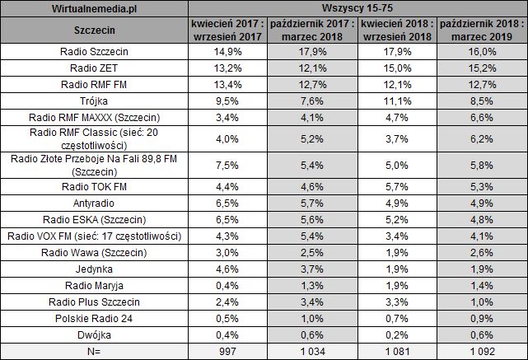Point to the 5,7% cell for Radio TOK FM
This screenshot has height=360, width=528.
click(x=398, y=185)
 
